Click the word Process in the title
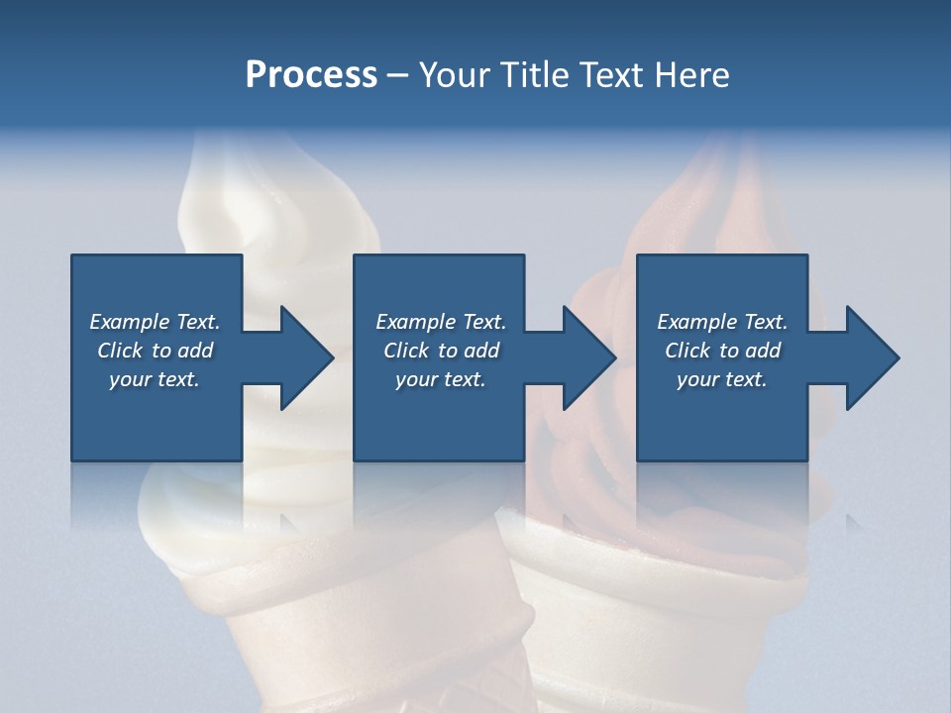(311, 75)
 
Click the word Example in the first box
(129, 322)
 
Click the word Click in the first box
(120, 351)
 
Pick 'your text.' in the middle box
(440, 379)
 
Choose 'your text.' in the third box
(721, 379)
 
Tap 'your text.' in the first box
(154, 379)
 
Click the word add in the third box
(763, 351)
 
